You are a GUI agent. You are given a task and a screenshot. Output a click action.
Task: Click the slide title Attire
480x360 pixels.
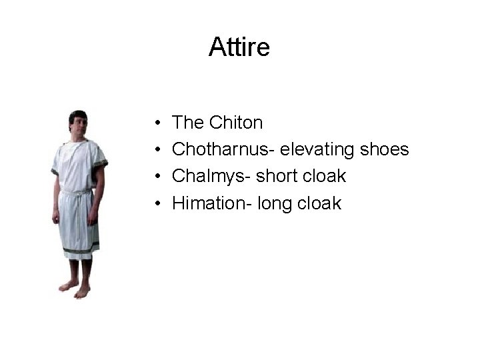(239, 47)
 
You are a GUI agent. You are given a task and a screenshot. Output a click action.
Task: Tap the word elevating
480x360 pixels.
(317, 150)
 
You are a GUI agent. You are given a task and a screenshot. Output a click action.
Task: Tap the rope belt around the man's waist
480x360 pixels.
(77, 192)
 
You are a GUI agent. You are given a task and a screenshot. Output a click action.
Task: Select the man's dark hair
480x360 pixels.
(78, 114)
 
